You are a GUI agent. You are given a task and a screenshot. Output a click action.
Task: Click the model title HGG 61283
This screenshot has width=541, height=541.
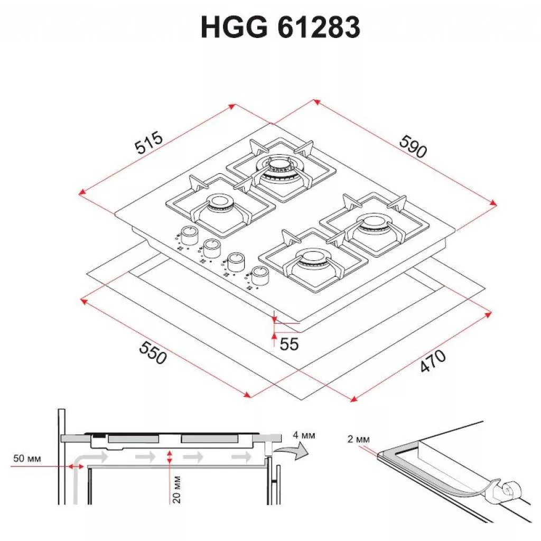[x=280, y=27]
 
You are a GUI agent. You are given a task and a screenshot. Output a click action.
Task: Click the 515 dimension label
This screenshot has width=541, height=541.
[x=148, y=142]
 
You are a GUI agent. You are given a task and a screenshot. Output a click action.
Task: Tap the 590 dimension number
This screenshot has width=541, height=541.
[x=413, y=146]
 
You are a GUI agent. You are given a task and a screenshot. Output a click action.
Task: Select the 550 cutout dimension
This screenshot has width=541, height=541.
[x=153, y=352]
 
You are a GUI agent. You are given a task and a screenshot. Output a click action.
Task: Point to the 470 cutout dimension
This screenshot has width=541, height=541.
[x=433, y=361]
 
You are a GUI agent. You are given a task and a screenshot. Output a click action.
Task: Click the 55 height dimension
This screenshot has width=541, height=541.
[x=289, y=344]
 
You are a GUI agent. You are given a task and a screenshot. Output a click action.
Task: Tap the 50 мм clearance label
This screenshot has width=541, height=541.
[x=27, y=459]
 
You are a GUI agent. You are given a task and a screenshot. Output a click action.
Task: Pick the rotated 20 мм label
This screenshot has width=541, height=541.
[x=176, y=489]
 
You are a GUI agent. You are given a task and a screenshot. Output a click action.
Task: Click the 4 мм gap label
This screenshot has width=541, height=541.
[x=304, y=435]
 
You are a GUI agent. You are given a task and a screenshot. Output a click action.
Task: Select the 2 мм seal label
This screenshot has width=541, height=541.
[x=359, y=439]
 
